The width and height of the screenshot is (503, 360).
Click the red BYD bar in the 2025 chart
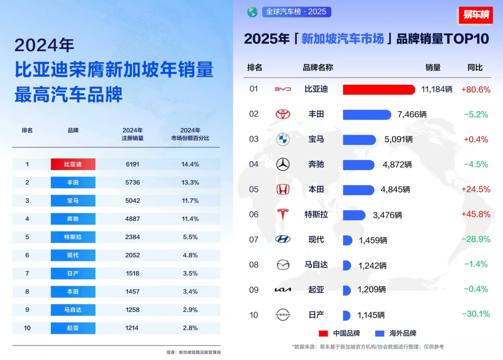(379, 90)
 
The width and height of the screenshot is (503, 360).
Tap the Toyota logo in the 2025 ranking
(283, 114)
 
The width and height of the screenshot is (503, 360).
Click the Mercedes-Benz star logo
(283, 164)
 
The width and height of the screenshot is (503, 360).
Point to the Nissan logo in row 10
(283, 315)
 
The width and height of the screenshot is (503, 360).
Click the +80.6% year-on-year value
(476, 90)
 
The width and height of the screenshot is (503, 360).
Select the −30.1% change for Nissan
(476, 314)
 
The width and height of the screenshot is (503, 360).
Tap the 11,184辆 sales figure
(437, 90)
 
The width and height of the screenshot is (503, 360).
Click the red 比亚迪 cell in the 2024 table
(73, 164)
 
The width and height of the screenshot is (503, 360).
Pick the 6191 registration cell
(133, 164)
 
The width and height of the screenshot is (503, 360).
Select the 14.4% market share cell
(190, 164)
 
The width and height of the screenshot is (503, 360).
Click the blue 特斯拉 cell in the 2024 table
(73, 237)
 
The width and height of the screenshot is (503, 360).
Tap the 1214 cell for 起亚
(132, 328)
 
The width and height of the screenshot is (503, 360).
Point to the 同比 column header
(475, 68)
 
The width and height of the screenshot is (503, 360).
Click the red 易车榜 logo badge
(476, 15)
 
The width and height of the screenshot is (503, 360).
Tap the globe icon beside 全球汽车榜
(252, 12)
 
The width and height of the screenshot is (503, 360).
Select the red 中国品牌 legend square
(323, 334)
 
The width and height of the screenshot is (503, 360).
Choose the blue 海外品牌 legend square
(380, 334)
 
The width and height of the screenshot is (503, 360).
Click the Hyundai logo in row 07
(283, 239)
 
